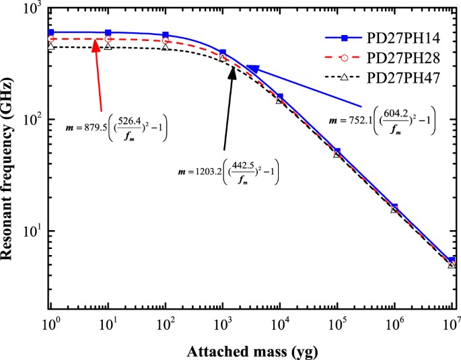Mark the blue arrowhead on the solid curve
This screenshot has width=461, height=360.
(253, 69)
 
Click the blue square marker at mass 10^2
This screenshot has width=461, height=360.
(166, 35)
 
